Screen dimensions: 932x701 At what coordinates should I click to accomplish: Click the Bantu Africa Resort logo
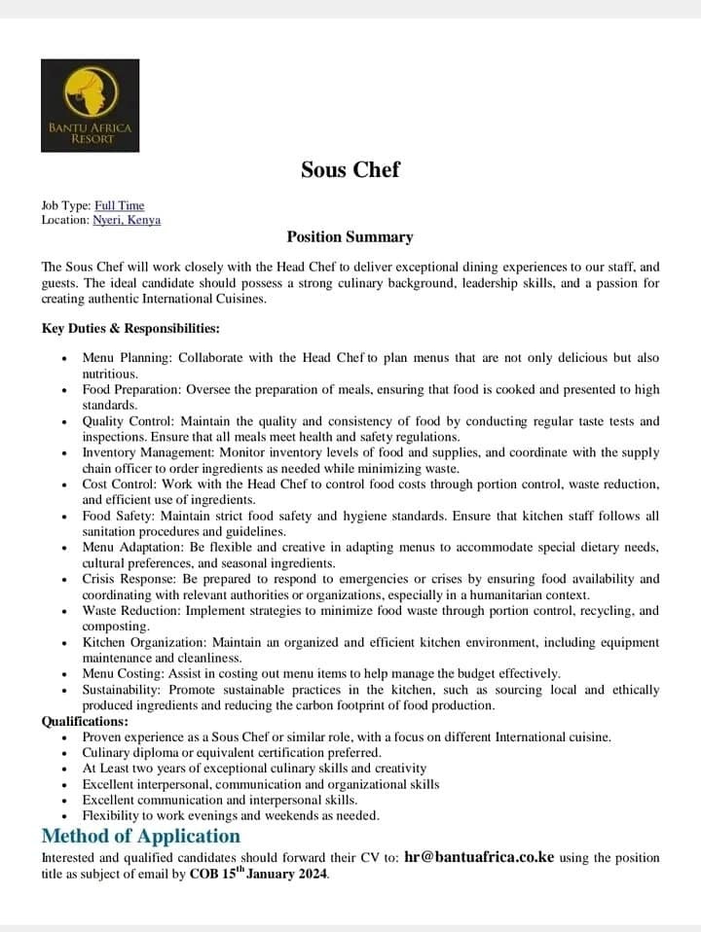[x=89, y=105]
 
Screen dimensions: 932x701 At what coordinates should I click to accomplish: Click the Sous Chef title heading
[x=350, y=169]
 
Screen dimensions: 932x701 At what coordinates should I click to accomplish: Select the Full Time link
[x=119, y=205]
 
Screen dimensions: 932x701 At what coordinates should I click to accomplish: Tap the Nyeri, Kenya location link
[x=127, y=220]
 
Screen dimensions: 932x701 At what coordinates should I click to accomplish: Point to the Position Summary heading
[x=350, y=236]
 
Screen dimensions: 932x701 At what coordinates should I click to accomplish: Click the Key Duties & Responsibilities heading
[x=130, y=328]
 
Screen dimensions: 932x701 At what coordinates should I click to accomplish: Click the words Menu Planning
[x=124, y=358]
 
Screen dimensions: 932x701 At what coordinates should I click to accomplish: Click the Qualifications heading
[x=85, y=722]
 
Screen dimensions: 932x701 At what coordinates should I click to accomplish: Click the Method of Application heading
[x=140, y=836]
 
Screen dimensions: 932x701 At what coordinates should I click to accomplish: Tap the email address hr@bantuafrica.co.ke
[x=479, y=857]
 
